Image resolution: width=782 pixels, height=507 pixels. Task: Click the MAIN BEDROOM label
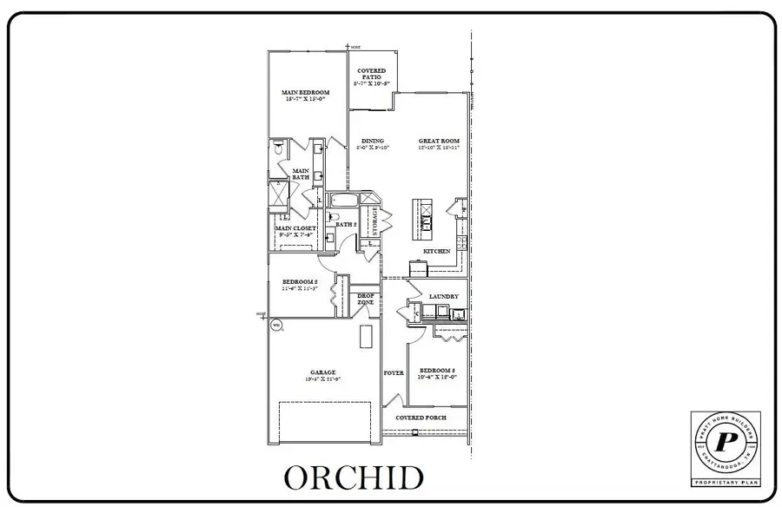click(x=304, y=92)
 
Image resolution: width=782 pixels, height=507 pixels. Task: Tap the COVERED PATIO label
click(x=371, y=75)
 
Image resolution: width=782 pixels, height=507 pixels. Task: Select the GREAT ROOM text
click(x=439, y=141)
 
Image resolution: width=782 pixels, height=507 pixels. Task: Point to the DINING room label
click(x=373, y=141)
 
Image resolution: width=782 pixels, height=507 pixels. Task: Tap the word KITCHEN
click(x=436, y=251)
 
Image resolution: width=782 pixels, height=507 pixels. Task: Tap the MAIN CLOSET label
click(x=295, y=229)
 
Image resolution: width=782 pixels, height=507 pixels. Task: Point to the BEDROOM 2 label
click(x=301, y=282)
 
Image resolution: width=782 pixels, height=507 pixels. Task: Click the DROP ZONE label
click(x=366, y=300)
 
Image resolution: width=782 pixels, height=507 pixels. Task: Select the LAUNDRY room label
click(x=443, y=296)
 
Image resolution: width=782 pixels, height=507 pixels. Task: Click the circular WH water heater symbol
click(x=277, y=326)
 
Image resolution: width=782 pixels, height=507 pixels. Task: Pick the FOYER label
click(x=394, y=372)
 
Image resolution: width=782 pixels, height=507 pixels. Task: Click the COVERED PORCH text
click(x=421, y=418)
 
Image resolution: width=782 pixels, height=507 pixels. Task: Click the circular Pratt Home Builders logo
click(x=725, y=442)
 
